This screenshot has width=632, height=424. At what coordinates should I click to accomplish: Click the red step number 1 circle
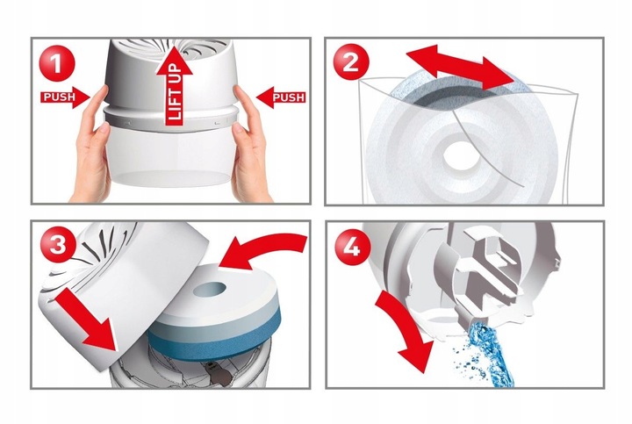point(57,63)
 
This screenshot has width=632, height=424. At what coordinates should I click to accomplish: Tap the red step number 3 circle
point(57,246)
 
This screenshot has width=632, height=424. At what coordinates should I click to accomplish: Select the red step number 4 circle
point(350,247)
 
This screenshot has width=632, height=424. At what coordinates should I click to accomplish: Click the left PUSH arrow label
point(65,97)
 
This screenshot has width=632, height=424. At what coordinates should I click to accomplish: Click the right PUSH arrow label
point(281,97)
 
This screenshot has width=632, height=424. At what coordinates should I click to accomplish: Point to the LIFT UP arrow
point(174,85)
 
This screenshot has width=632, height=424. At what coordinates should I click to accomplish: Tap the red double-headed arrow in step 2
point(459,68)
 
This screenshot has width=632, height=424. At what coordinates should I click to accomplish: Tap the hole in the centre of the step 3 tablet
point(210,289)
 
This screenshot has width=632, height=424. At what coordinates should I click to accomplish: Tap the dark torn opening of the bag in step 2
point(451,97)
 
